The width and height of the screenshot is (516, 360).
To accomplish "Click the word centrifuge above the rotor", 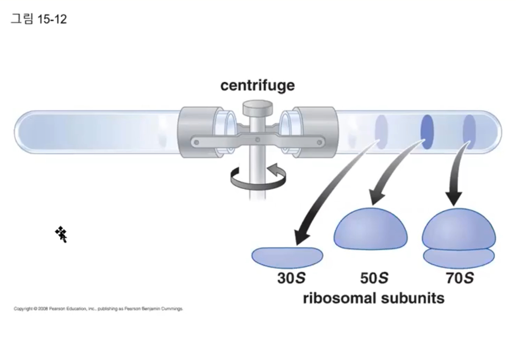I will (257, 86).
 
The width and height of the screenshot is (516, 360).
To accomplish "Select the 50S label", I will (374, 278).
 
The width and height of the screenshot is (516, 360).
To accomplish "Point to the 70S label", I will (459, 278).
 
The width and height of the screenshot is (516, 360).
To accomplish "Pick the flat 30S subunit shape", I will (287, 257).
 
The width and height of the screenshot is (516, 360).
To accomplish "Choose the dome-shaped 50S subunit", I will (371, 229).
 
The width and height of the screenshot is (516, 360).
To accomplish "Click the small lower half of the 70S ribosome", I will (459, 258).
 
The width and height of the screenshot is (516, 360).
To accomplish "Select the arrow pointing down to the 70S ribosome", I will (455, 176).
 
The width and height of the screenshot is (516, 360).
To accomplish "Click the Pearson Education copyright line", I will (98, 309).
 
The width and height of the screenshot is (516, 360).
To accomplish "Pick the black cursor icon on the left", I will (62, 234).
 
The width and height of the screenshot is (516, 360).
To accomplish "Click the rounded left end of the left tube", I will (21, 131).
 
